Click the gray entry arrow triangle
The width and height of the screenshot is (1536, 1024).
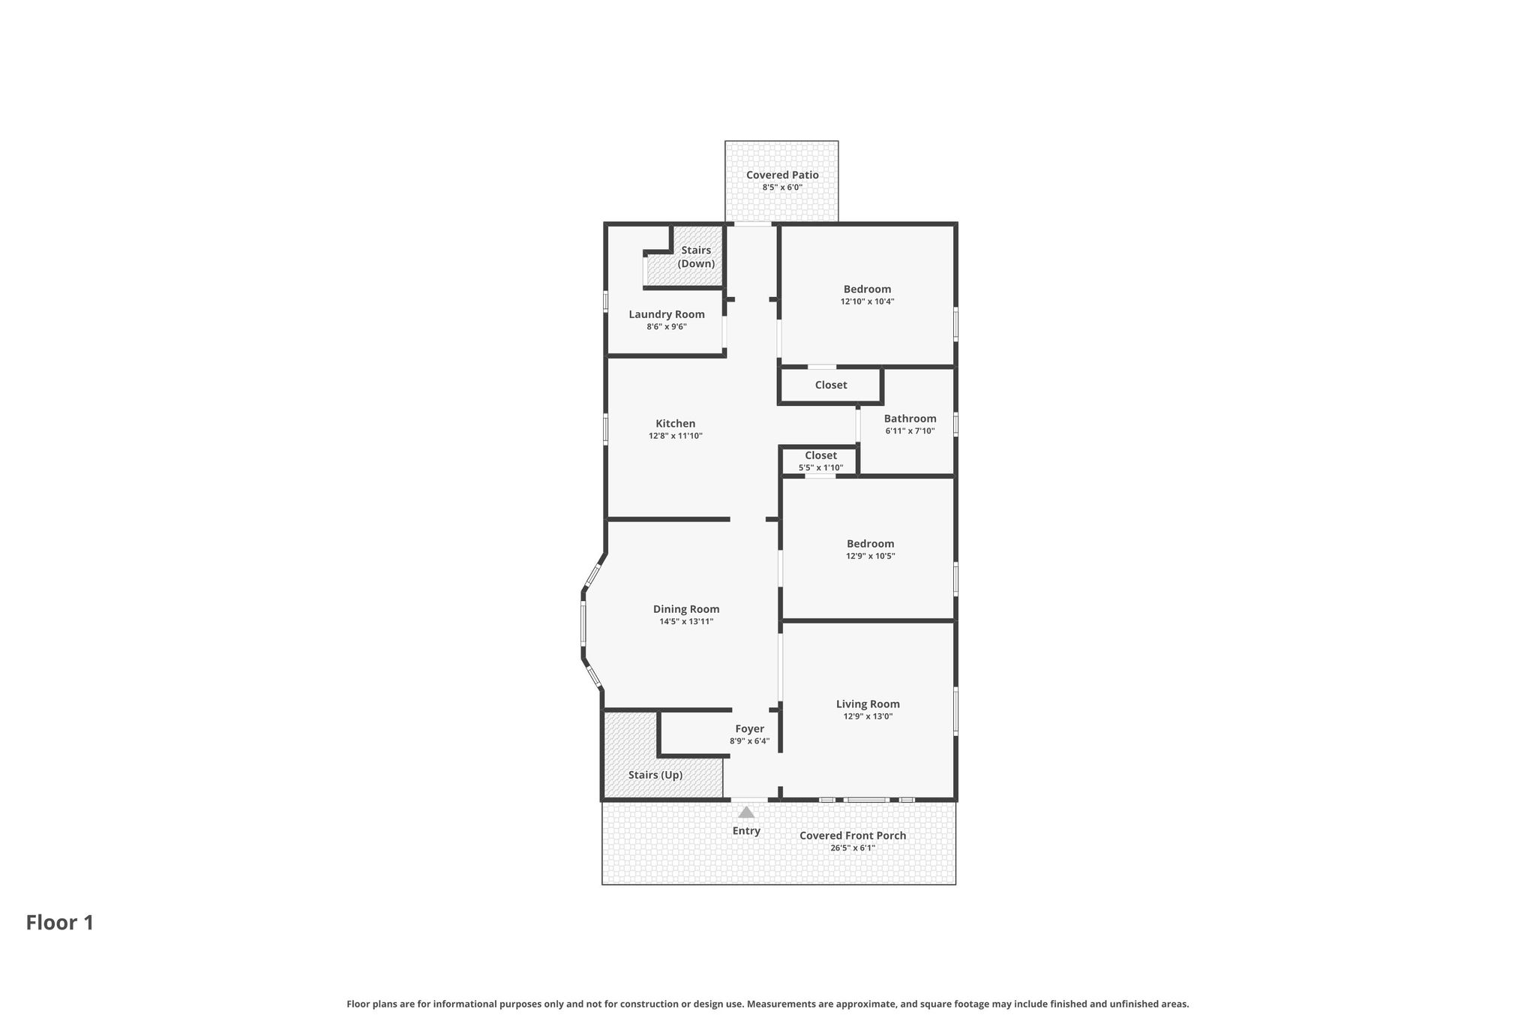(746, 812)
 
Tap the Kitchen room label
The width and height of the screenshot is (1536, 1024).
(676, 423)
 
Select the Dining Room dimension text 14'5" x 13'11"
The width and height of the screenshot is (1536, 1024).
(686, 621)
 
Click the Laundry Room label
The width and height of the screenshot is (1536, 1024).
(667, 314)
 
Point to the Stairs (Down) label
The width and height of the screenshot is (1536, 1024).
(696, 257)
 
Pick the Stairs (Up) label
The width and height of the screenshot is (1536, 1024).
(655, 775)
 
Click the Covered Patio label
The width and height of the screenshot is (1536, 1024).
(782, 175)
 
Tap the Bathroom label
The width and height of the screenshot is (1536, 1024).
(910, 419)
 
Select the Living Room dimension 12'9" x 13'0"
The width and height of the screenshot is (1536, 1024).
(868, 716)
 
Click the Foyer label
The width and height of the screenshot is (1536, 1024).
(749, 728)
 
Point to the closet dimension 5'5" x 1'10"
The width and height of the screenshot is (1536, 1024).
(820, 467)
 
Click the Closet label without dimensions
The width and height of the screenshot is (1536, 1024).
(831, 385)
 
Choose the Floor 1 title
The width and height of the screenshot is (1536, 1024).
(60, 923)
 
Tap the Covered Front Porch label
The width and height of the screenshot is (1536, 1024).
(853, 835)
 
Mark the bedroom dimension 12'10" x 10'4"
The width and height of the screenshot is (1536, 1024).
(867, 302)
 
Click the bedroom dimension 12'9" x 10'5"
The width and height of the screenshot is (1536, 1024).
(871, 556)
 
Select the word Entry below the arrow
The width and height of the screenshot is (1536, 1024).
(746, 830)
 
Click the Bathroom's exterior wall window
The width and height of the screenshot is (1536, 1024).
(955, 424)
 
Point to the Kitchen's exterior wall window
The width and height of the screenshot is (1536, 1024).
(606, 429)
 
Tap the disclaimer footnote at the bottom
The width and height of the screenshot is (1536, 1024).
(767, 1004)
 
